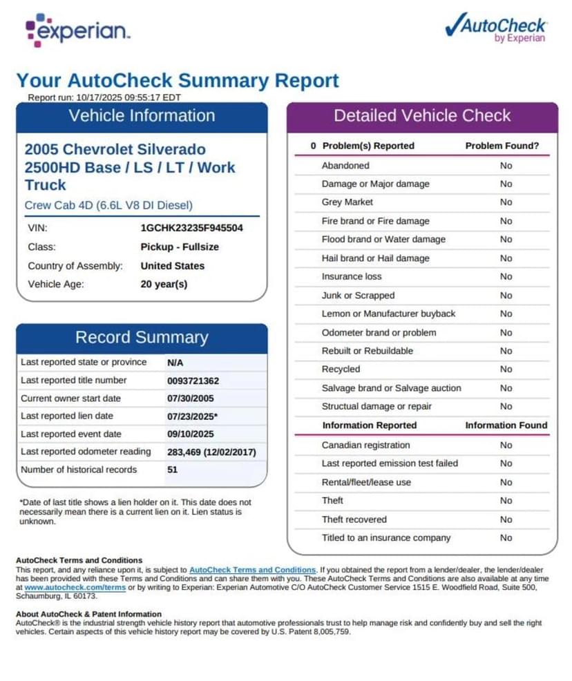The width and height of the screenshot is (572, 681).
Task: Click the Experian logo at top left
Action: click(x=77, y=30)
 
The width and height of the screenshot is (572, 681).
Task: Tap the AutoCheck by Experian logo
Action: click(x=496, y=28)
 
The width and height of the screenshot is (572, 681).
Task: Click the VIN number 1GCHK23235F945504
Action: click(x=191, y=227)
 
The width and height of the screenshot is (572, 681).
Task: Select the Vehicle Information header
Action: click(x=142, y=116)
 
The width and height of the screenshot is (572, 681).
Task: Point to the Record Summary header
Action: click(x=142, y=337)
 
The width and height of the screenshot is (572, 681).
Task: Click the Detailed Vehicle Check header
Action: click(x=422, y=115)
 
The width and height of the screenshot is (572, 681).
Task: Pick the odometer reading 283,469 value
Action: click(x=211, y=452)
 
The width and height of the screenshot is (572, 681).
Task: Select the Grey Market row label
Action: click(x=347, y=202)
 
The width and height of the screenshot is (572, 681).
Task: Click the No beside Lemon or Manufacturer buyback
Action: click(x=506, y=314)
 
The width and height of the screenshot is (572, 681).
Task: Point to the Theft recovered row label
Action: click(x=354, y=519)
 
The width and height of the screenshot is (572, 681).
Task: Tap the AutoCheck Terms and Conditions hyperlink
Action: click(x=252, y=570)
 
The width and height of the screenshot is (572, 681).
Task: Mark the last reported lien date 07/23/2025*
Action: click(x=192, y=416)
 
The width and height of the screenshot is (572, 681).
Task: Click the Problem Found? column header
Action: click(x=502, y=146)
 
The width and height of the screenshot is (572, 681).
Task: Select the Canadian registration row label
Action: click(x=365, y=445)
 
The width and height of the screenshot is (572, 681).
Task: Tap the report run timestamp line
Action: click(x=104, y=97)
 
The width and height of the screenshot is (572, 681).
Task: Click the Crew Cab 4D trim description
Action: click(x=108, y=205)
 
